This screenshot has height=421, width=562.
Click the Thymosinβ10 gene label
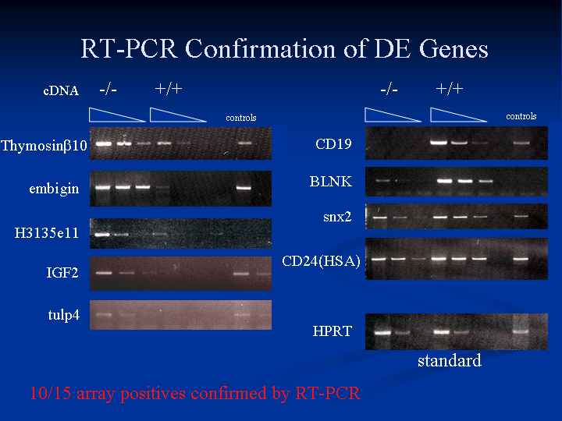coord(44,146)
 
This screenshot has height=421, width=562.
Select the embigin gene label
coord(54,189)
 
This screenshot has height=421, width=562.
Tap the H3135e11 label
coord(46,233)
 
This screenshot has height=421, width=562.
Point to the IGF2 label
coord(62,273)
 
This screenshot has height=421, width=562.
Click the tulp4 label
coord(63,315)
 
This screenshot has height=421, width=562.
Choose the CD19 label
coord(333,144)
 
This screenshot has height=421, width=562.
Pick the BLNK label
coord(330,182)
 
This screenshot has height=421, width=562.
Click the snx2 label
coord(337,217)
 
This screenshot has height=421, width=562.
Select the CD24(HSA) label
coord(321,261)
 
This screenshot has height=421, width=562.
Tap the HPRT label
coord(333,331)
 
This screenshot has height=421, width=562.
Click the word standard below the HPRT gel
coord(449,360)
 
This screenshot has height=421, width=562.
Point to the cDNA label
coord(61,90)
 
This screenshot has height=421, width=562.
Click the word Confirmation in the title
coord(261,48)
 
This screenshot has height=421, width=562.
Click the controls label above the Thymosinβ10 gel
coord(241,118)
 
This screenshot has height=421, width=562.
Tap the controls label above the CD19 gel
coord(521,116)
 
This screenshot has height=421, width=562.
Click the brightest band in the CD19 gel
coord(439,143)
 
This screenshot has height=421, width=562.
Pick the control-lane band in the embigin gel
coord(244,187)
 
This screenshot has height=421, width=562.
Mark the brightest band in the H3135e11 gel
coord(102,235)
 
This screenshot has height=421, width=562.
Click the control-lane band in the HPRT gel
coord(521,331)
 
